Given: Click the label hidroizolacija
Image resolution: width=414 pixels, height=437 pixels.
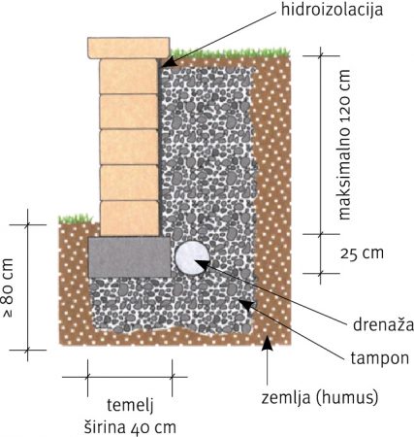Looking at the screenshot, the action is point(332,9).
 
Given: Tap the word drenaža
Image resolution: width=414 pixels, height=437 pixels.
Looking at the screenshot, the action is point(383,325).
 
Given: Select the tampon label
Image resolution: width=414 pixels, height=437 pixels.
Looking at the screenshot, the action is point(380,359).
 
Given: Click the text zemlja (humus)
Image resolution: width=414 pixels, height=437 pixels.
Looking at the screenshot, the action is point(320,397).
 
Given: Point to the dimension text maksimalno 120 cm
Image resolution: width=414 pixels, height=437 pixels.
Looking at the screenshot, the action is point(344,145).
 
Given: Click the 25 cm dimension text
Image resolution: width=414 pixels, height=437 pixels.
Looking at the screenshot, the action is point(362,253).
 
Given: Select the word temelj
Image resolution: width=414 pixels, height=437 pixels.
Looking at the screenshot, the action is point(130,406).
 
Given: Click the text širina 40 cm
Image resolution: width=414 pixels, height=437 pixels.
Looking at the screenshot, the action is point(130,427).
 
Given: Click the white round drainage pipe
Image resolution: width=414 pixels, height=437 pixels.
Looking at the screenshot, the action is point(192,258).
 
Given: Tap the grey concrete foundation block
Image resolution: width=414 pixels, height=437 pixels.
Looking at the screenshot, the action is point(130,257).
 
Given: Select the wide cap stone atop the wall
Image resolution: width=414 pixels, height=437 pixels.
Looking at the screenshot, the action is point(129,48).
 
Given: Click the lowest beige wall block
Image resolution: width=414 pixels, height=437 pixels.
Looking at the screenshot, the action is point(130,218).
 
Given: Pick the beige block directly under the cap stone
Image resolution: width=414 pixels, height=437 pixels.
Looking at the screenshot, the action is point(129,77).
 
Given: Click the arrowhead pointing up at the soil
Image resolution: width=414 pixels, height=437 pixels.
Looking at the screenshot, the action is point(267,343).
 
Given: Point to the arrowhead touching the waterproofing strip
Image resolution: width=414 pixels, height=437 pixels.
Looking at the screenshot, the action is point(169,62).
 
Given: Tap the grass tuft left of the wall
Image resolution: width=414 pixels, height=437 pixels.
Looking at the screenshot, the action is point(75,219).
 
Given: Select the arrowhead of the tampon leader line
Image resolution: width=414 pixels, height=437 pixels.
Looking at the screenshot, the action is point(244,304).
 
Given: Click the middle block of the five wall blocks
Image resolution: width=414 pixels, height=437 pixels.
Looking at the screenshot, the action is point(129,148).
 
